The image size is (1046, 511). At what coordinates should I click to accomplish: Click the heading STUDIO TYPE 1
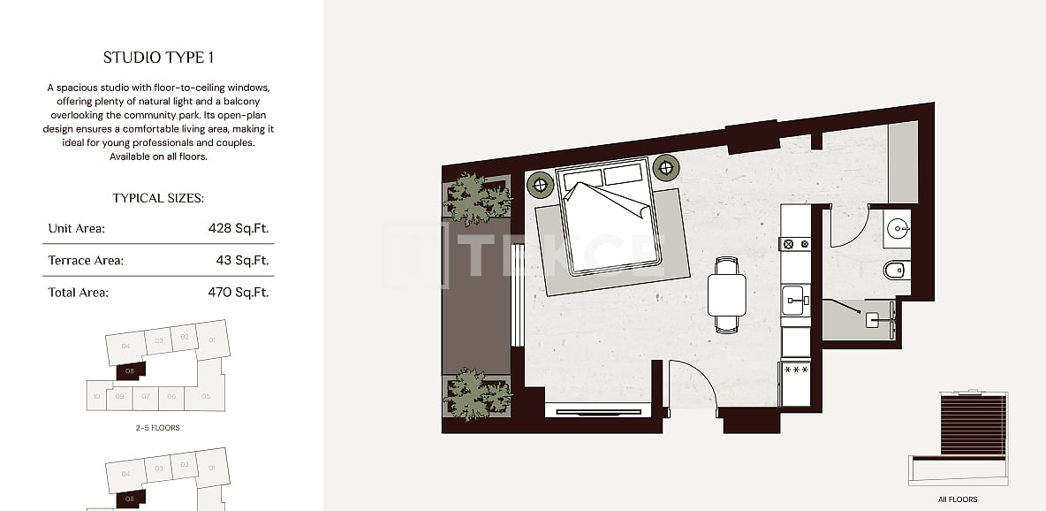(158, 58)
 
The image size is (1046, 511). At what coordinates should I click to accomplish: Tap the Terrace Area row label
(86, 260)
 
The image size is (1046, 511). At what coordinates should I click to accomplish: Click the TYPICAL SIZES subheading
(158, 199)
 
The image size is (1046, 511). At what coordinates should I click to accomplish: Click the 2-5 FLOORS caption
(159, 428)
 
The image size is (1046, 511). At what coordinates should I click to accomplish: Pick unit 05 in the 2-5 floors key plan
(206, 396)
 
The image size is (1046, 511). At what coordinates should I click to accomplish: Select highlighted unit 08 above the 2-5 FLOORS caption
(129, 370)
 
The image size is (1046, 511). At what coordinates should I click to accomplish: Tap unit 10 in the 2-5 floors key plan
(96, 396)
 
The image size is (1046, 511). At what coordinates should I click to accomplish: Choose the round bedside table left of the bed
(539, 184)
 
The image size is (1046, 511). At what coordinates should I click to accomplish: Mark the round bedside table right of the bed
(664, 165)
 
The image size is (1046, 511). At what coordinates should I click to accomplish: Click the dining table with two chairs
(727, 294)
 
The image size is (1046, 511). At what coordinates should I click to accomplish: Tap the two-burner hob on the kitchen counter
(794, 243)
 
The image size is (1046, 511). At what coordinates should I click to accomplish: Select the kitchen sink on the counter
(794, 301)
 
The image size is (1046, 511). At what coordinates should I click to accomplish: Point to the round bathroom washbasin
(897, 229)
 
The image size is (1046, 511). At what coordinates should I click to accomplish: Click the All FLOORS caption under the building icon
(957, 500)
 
